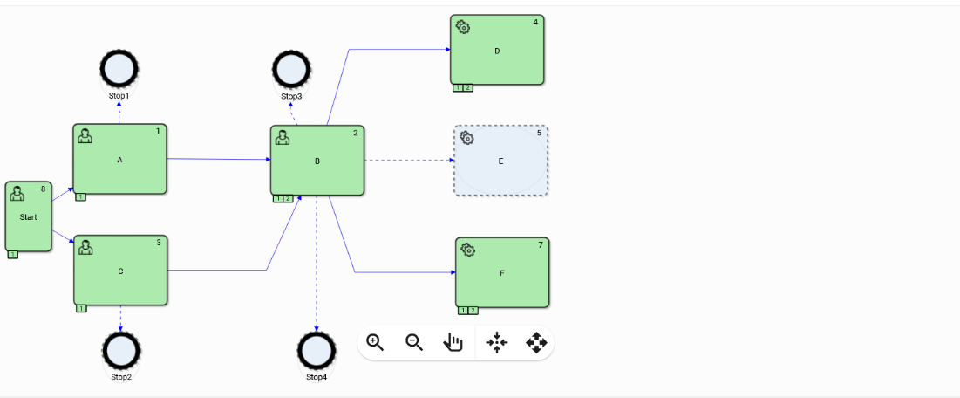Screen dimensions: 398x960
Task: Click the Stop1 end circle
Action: point(119,68)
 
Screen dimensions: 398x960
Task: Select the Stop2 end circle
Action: point(121,351)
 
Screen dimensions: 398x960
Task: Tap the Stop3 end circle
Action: point(291,68)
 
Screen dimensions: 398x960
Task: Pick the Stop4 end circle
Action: point(317,351)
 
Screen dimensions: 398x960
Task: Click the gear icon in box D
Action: point(464,27)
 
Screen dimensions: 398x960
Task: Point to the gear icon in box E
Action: point(467,138)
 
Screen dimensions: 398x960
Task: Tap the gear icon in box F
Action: point(469,250)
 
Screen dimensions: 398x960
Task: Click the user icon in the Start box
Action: point(17,194)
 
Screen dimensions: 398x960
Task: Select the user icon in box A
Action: point(85,135)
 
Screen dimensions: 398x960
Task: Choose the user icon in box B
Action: point(283,137)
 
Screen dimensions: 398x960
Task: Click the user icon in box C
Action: point(86,248)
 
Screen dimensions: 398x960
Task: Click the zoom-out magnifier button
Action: point(414,342)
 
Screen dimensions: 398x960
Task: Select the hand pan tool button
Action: point(453,342)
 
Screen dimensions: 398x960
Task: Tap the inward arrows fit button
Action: point(496,342)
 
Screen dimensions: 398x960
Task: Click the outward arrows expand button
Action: point(535,342)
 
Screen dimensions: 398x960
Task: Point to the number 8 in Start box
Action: point(43,189)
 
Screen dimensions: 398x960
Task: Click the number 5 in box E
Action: point(539,133)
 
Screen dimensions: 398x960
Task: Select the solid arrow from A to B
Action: point(218,160)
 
